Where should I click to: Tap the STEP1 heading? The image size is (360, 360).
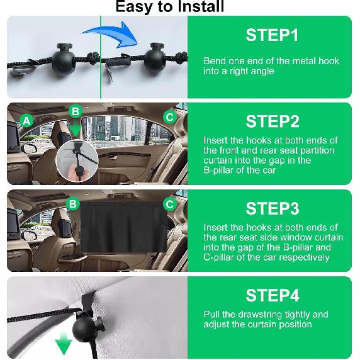272,35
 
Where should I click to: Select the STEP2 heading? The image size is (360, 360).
272,121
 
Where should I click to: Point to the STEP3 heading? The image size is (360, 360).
272,208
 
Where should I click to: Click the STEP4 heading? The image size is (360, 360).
272,295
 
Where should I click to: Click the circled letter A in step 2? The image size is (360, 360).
26,120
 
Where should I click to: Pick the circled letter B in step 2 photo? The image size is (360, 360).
76,111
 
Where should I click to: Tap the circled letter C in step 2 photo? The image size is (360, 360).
169,116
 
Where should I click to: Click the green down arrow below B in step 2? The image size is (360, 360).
76,130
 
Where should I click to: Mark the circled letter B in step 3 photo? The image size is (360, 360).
73,204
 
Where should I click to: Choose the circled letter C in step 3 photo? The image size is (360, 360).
169,204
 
